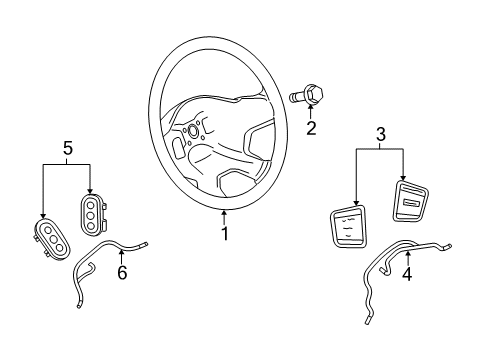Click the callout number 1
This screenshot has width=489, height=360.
pos(225,234)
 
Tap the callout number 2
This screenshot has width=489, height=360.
pos(311,128)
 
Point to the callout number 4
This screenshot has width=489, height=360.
pos(407,273)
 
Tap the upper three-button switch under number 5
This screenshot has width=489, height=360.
pos(92,212)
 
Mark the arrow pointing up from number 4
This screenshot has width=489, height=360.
pos(407,256)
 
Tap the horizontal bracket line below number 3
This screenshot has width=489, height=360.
pos(380,150)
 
